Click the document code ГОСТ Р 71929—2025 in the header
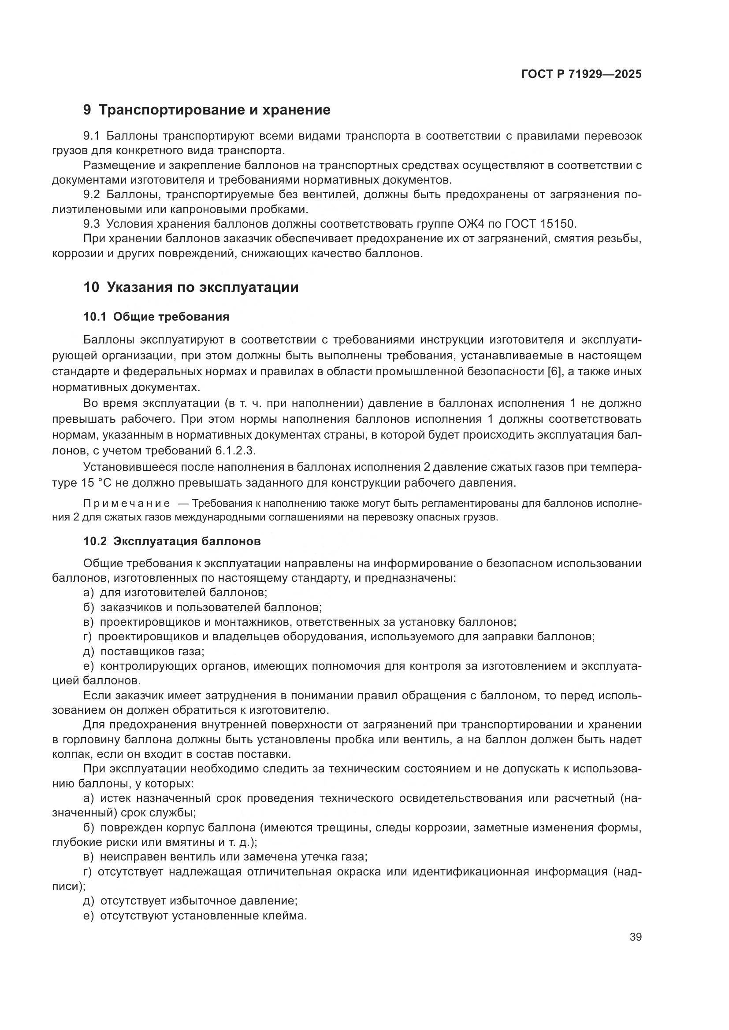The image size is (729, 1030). coord(581,74)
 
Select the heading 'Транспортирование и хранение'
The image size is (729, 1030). coord(214,110)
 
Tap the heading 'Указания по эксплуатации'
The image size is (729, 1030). coord(202,287)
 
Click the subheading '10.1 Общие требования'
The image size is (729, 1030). coord(156,317)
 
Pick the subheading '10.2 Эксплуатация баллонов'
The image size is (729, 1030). coord(172,541)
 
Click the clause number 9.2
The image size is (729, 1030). coord(92,195)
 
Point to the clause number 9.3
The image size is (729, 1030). coord(92,224)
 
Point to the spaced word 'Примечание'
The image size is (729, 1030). coord(126,504)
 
